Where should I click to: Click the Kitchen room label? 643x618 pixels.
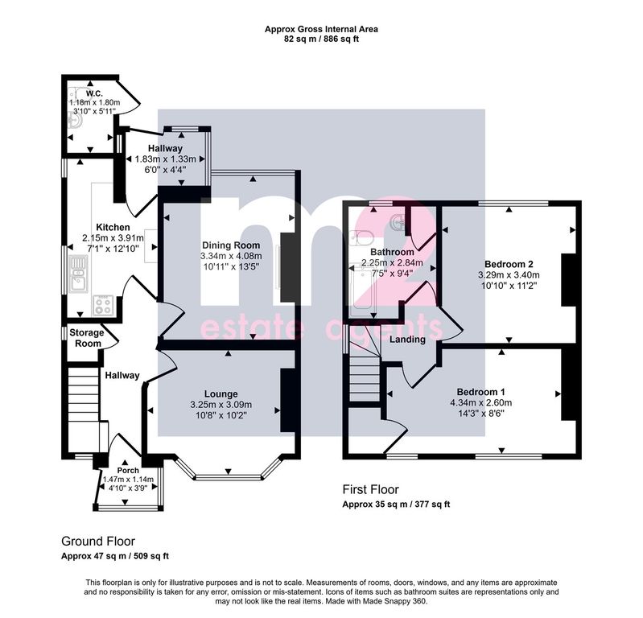[x=113, y=227]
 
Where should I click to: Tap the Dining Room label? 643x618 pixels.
[x=231, y=245]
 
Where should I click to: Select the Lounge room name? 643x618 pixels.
[x=221, y=394]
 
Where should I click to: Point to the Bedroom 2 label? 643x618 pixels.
[x=509, y=264]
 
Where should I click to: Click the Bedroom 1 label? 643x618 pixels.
[x=481, y=392]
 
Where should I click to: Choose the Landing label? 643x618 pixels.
[x=407, y=340]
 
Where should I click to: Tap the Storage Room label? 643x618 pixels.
[x=86, y=338]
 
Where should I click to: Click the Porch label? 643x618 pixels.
[x=128, y=471]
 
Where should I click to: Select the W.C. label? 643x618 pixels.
[x=94, y=94]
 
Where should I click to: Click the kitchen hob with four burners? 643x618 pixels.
[x=102, y=305]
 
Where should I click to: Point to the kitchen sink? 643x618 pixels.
[x=79, y=274]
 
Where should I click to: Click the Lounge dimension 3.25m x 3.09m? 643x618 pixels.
[x=221, y=405]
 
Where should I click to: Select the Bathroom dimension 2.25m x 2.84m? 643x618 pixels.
[x=392, y=262]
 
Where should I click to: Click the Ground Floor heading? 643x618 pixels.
[x=98, y=542]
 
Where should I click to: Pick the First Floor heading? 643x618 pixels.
[x=371, y=489]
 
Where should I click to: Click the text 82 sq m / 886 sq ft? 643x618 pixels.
[x=322, y=39]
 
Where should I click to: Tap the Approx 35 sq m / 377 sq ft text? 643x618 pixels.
[x=396, y=505]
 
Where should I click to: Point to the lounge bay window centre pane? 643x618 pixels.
[x=228, y=477]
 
